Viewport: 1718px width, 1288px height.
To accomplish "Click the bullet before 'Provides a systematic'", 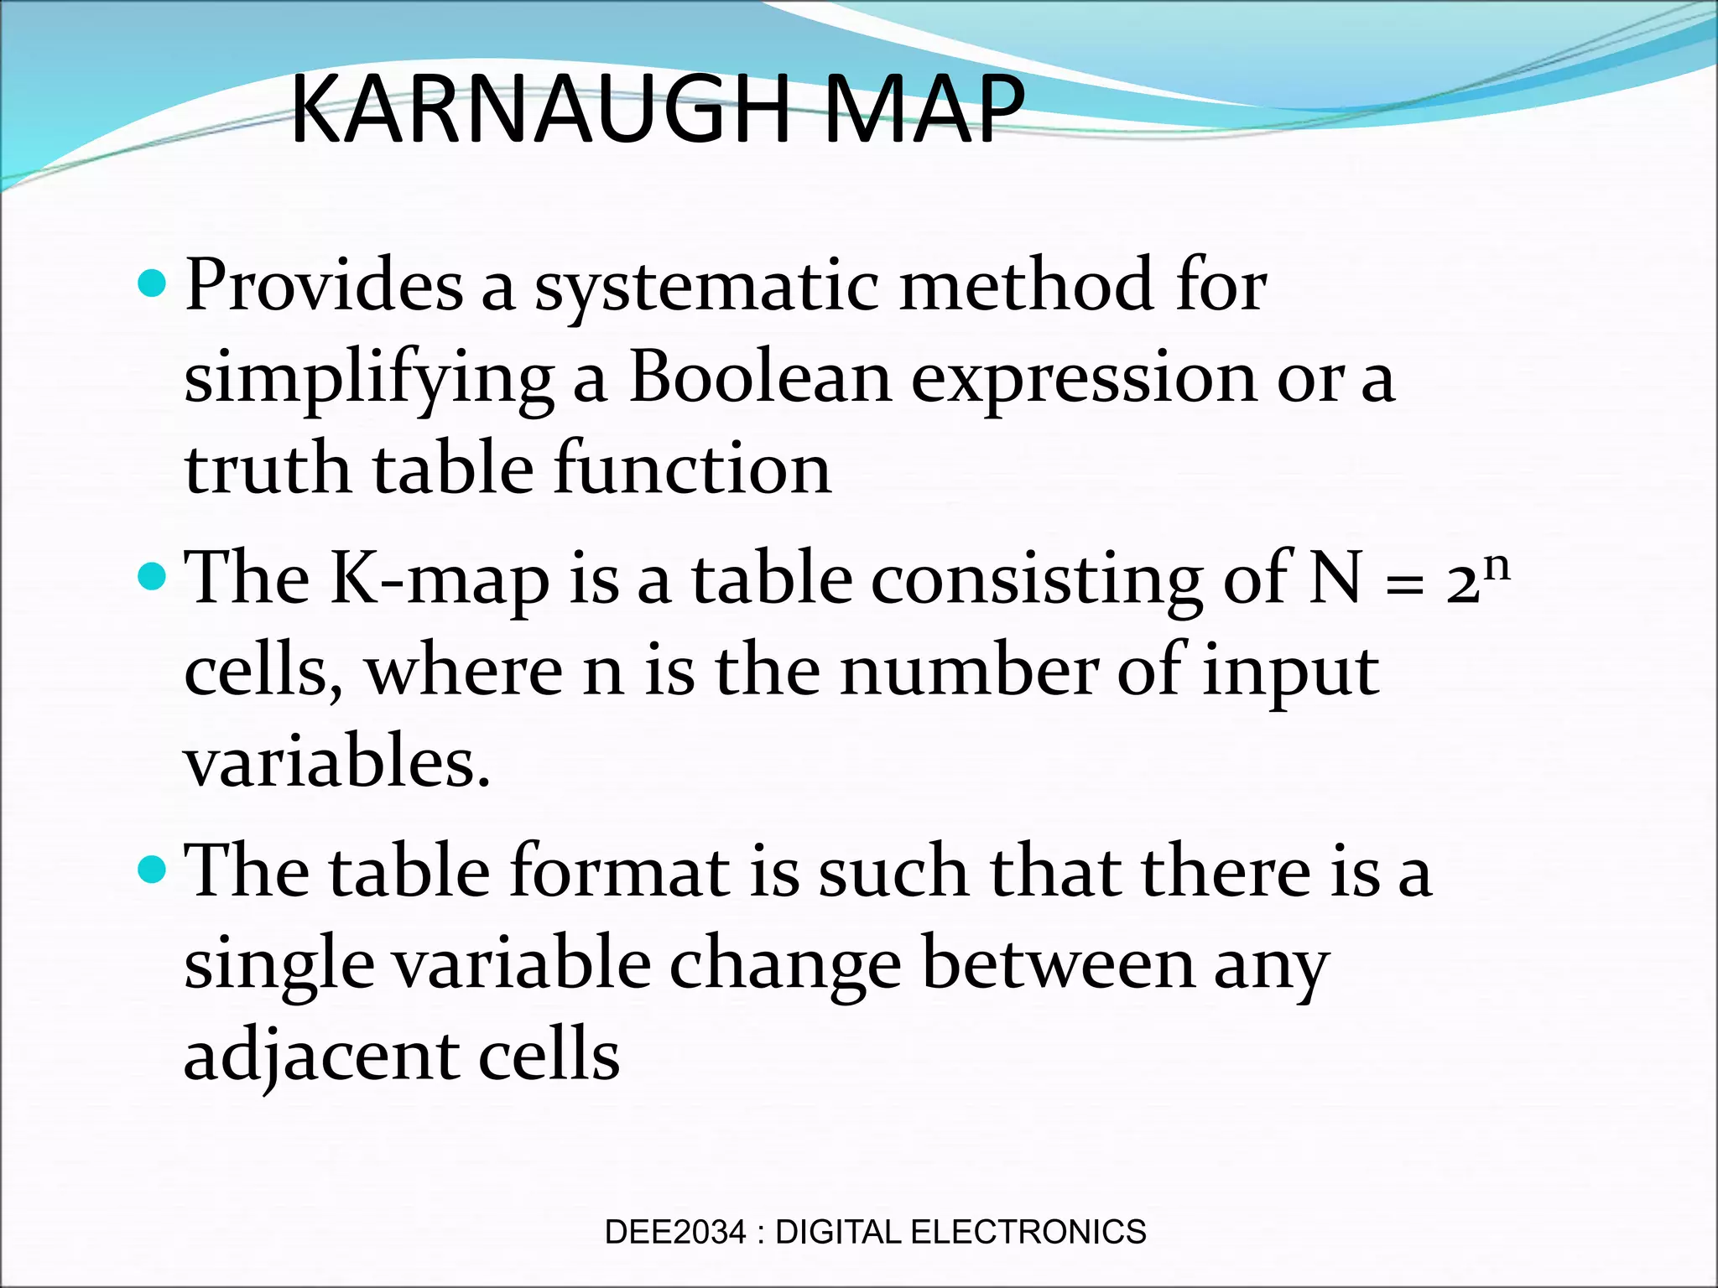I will (x=151, y=285).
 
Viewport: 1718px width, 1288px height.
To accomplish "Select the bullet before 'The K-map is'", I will (x=151, y=577).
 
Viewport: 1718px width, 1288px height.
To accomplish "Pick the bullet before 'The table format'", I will (x=151, y=870).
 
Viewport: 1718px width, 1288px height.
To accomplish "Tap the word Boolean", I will (x=760, y=377).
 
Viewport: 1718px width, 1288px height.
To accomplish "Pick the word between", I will (x=1058, y=964).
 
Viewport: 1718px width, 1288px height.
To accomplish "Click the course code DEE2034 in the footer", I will (x=674, y=1232).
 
